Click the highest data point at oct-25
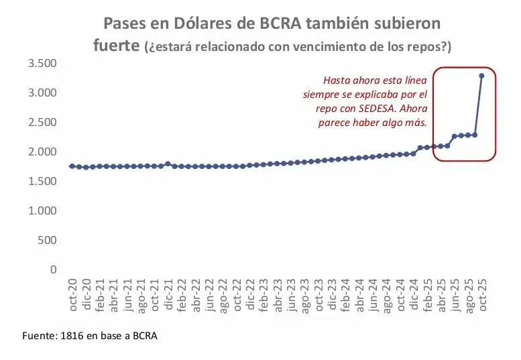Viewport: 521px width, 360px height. tap(481, 76)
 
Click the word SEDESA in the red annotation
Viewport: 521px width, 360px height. tap(378, 108)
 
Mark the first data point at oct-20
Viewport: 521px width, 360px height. tap(72, 166)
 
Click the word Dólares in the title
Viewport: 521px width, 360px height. tap(177, 24)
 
